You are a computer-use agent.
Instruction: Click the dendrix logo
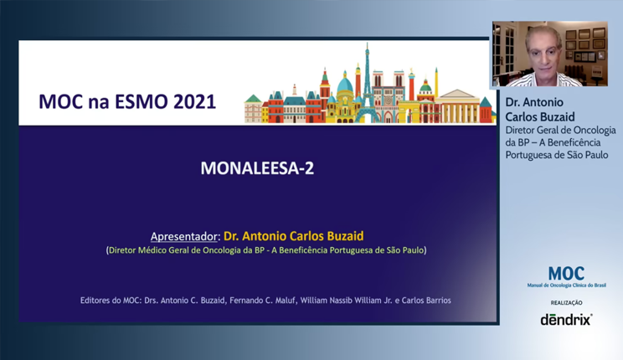[x=566, y=319]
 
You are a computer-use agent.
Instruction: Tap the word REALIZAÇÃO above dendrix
[x=566, y=302]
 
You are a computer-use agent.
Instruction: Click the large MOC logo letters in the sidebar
[x=566, y=274]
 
